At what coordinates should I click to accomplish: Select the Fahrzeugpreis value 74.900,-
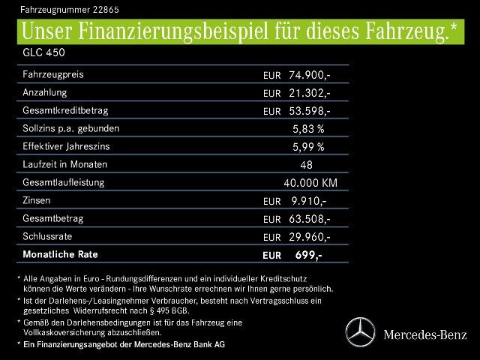pos(310,75)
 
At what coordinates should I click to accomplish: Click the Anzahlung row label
pos(45,92)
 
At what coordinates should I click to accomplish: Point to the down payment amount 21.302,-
pos(310,93)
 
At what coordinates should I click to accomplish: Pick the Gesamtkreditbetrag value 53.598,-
pos(310,111)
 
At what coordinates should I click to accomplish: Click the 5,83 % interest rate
pos(308,129)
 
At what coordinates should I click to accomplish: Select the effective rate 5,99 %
pos(308,147)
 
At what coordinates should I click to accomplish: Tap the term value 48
pos(306,165)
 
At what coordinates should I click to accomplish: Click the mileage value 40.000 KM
pos(310,183)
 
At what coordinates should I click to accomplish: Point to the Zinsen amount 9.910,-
pos(309,201)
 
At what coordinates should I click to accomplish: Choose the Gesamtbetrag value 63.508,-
pos(310,219)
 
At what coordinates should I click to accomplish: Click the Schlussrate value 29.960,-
pos(310,237)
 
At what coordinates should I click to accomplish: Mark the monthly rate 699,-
pos(308,255)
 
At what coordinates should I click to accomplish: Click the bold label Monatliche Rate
pos(61,254)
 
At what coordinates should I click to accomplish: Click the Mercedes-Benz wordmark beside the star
pos(424,334)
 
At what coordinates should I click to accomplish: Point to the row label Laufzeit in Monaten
pos(65,164)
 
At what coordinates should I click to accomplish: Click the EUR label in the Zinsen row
pos(271,202)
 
